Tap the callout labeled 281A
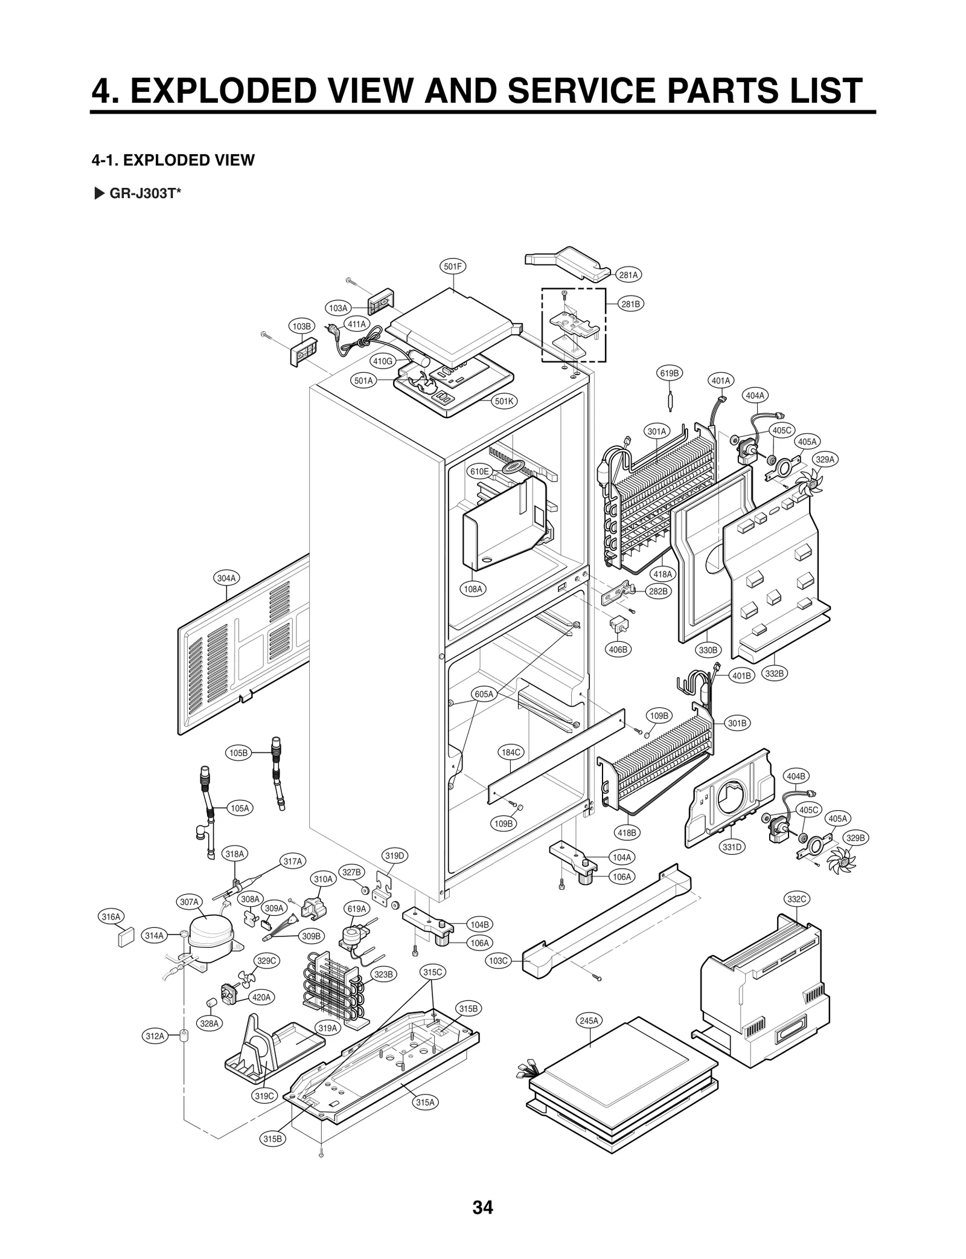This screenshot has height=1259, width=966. (628, 275)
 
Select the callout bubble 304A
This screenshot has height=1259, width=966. (226, 578)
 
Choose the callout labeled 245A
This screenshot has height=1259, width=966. (589, 1020)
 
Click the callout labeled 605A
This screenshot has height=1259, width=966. (484, 694)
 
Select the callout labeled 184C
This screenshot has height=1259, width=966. (511, 752)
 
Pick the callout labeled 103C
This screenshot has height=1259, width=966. (499, 961)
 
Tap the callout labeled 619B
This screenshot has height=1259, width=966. (669, 373)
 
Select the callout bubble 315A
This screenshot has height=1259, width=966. (425, 1102)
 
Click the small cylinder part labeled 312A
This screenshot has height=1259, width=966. (183, 1035)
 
